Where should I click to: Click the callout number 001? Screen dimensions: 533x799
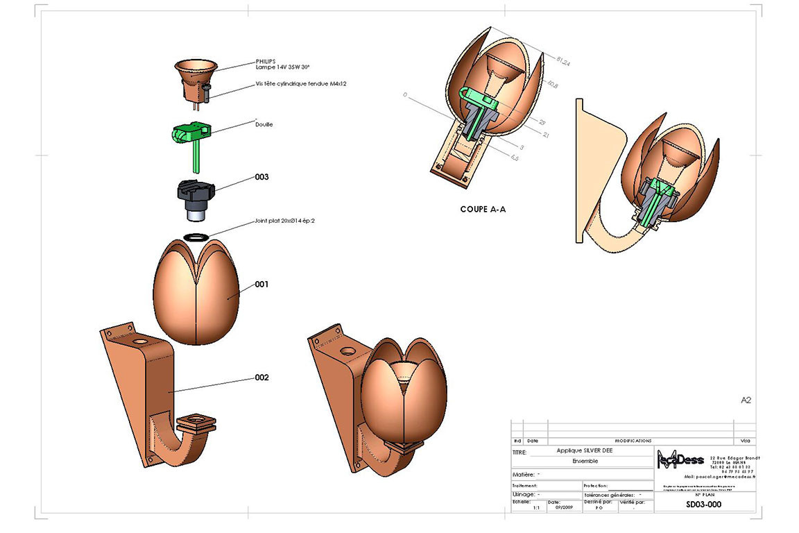coord(261,284)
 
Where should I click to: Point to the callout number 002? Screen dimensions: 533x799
coord(261,378)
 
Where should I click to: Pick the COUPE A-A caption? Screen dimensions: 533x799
coord(483,208)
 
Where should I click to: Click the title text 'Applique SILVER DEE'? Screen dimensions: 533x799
coord(585,450)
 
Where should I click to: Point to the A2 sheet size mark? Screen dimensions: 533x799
coord(746,400)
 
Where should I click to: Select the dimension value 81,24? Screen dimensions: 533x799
coord(563,63)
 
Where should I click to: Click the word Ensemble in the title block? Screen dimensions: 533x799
coord(585,461)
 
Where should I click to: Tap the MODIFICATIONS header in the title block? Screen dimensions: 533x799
coord(633,441)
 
